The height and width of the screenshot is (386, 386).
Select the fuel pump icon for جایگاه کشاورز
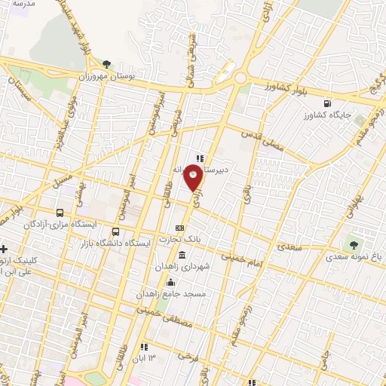pyautogui.click(x=326, y=103)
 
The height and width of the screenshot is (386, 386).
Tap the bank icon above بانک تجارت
pyautogui.click(x=179, y=228)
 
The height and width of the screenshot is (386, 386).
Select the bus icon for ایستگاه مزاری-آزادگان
pyautogui.click(x=60, y=213)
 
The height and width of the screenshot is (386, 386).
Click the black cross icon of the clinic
pyautogui.click(x=4, y=249)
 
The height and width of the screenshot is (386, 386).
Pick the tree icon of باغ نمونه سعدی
pyautogui.click(x=352, y=244)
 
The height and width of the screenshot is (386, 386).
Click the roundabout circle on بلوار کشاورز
pyautogui.click(x=242, y=78)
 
